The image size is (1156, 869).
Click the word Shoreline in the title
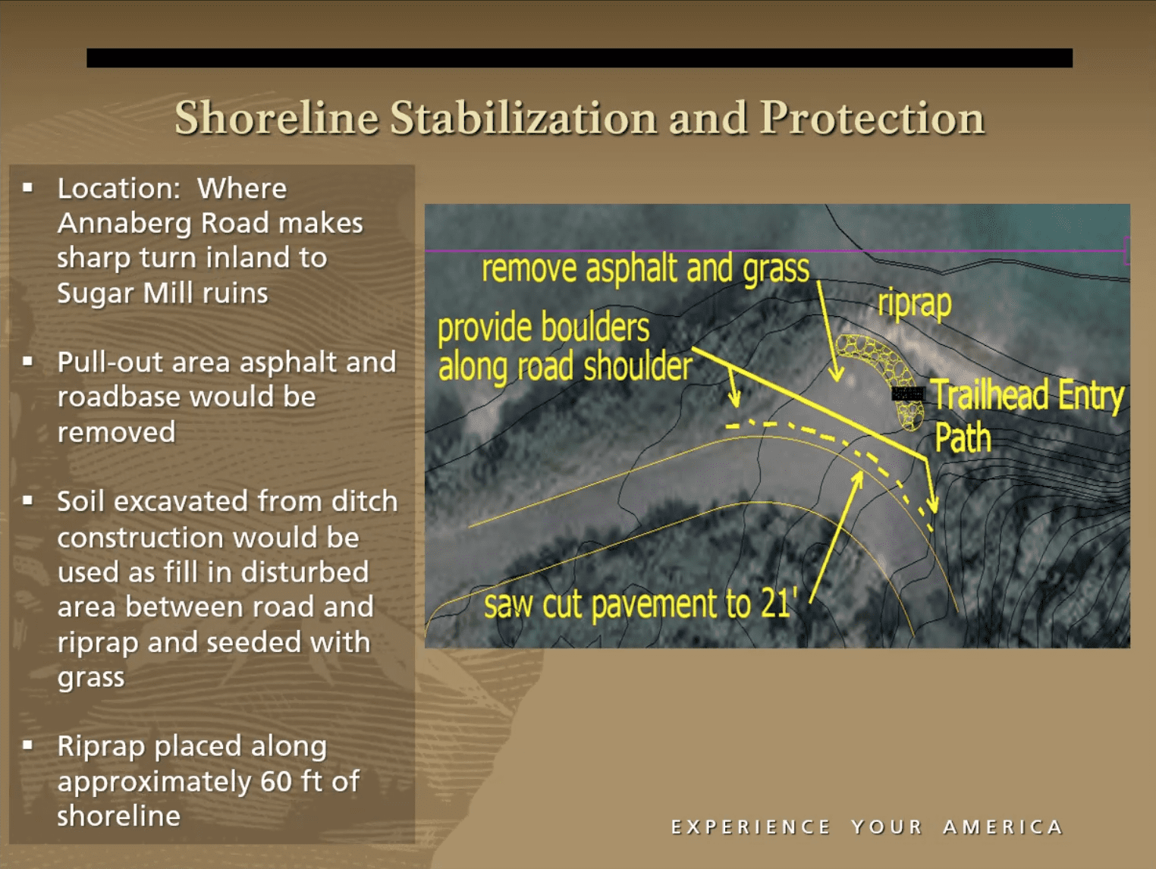[277, 118]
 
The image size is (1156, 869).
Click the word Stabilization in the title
[523, 118]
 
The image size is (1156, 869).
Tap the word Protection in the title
[872, 118]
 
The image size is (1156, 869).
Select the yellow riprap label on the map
[914, 304]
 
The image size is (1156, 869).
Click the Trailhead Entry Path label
[1028, 416]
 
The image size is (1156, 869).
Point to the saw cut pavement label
[640, 605]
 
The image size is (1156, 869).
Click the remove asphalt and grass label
[646, 268]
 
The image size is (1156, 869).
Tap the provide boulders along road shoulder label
[564, 349]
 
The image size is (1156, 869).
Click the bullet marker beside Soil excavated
[28, 500]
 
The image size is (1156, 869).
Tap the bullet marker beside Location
[28, 187]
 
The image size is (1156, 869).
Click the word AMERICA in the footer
[1003, 827]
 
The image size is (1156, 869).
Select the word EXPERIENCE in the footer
[751, 827]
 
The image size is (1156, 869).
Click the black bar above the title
[580, 58]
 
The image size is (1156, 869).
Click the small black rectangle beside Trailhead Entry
[909, 394]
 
